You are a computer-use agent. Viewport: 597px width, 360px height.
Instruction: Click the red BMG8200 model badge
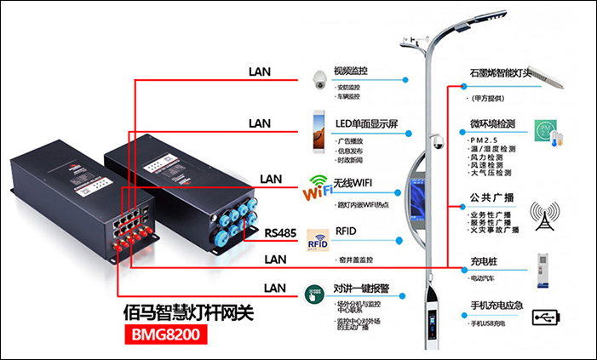pos(166,334)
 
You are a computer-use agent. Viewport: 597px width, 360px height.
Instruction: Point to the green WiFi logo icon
pos(318,188)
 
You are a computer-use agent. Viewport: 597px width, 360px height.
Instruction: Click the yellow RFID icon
pos(318,243)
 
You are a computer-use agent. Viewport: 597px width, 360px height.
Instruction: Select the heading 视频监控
pos(355,70)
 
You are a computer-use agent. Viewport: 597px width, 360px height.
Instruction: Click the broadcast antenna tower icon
pos(545,216)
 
